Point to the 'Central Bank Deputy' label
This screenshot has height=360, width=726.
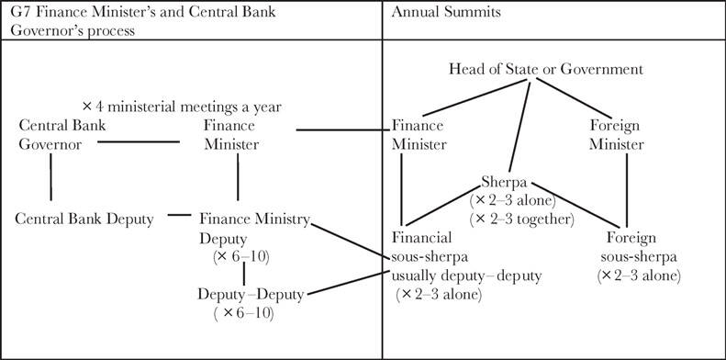[84, 219]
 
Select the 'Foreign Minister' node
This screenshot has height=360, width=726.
[617, 135]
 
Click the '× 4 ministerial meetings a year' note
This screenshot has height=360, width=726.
[180, 107]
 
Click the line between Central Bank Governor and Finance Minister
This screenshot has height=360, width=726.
[139, 142]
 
